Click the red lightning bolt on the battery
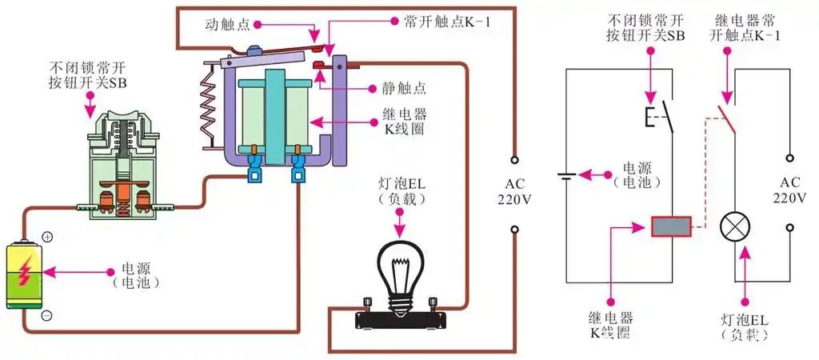(25, 271)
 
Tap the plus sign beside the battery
(46, 237)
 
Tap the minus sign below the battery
(46, 315)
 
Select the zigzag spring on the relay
(206, 104)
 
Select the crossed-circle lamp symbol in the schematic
(733, 227)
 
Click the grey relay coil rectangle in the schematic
(671, 227)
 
